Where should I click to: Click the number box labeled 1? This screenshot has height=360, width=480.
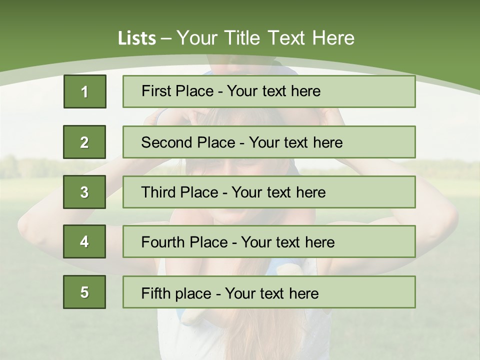click(x=85, y=91)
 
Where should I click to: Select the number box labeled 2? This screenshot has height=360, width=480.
click(x=84, y=142)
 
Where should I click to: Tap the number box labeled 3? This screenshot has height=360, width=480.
click(x=84, y=192)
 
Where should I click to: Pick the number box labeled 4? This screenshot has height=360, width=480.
click(x=84, y=242)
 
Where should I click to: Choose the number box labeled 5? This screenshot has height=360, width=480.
click(x=84, y=292)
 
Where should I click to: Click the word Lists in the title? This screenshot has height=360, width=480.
click(x=137, y=38)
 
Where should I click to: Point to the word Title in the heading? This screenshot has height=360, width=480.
click(x=243, y=38)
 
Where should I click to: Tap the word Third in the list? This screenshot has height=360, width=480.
click(x=158, y=192)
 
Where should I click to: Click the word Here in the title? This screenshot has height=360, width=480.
click(x=333, y=38)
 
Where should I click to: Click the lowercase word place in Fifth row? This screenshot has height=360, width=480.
click(x=193, y=293)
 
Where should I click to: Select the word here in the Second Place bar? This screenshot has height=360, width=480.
click(x=328, y=142)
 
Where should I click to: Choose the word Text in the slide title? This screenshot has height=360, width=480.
click(x=286, y=38)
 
